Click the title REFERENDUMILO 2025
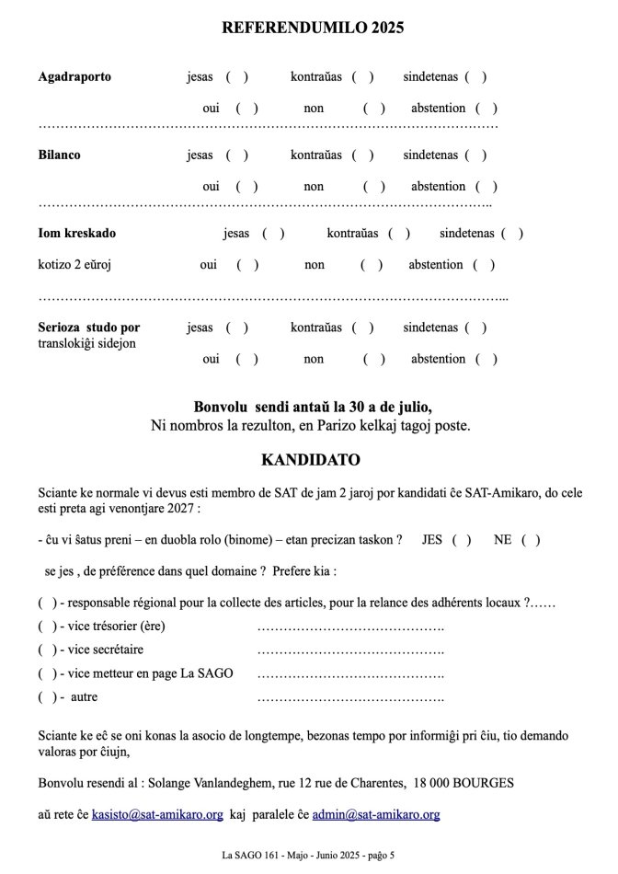tap(313, 28)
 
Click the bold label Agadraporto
tap(74, 76)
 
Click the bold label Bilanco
tap(59, 155)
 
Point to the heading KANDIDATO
tap(311, 459)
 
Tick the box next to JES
tap(462, 540)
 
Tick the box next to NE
tap(531, 540)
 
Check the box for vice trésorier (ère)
tap(47, 627)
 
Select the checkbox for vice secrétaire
tap(47, 650)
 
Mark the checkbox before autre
tap(47, 696)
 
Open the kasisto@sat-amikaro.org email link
tap(157, 814)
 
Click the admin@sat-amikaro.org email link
tap(376, 814)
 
